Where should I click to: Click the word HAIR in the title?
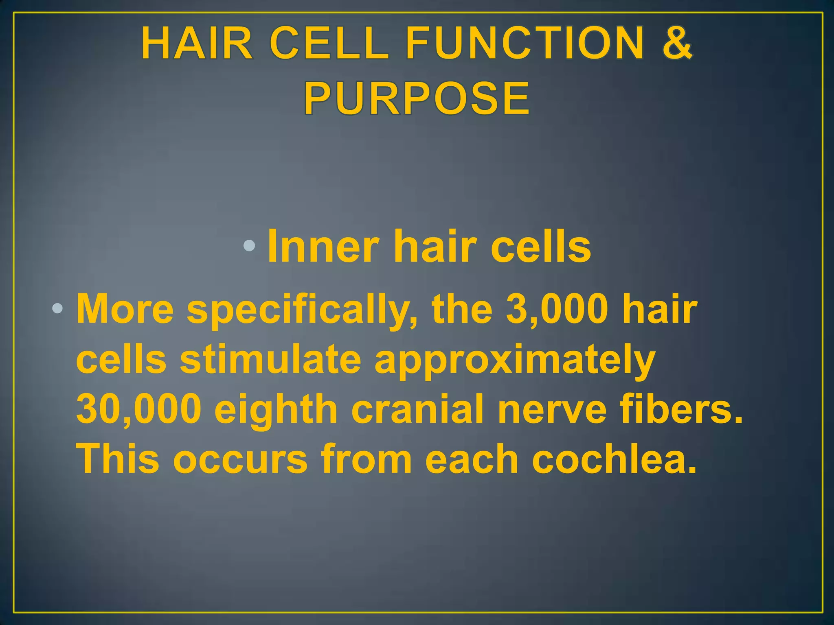click(198, 43)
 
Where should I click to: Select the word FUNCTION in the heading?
click(525, 43)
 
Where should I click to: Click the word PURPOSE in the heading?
click(417, 99)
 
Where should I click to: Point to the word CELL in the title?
click(329, 43)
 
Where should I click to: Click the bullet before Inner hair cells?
click(249, 246)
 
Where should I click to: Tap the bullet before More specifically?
click(57, 309)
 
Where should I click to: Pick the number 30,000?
click(139, 409)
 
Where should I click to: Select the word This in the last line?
click(118, 459)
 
